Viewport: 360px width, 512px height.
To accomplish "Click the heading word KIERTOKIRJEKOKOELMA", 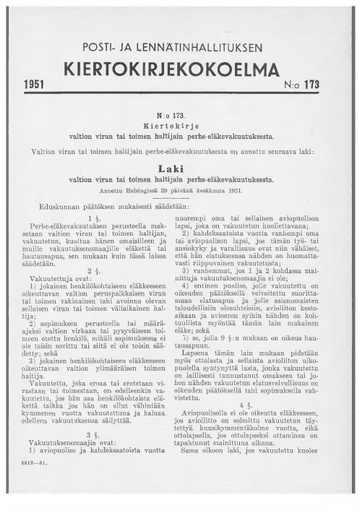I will point(179,72).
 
